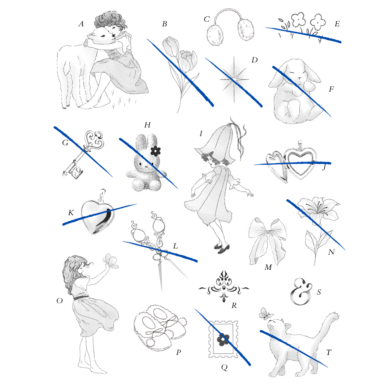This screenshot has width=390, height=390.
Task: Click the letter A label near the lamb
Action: coord(81,24)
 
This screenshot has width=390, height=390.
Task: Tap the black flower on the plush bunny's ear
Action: coord(155,151)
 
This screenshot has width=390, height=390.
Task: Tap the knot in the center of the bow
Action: coord(268,232)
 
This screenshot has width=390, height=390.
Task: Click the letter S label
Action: coord(319,292)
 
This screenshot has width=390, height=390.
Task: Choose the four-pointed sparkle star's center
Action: coord(234,79)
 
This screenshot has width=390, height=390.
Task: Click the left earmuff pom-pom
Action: coord(215,35)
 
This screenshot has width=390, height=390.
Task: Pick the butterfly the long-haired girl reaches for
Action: coord(111,261)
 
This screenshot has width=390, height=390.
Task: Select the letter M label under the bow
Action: coord(268,267)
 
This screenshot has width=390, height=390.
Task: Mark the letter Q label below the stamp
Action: coord(224,367)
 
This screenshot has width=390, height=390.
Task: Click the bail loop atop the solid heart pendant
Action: coord(102,195)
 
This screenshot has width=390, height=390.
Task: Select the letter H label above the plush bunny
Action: coord(147,125)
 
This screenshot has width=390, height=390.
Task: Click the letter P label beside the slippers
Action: coord(178,352)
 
